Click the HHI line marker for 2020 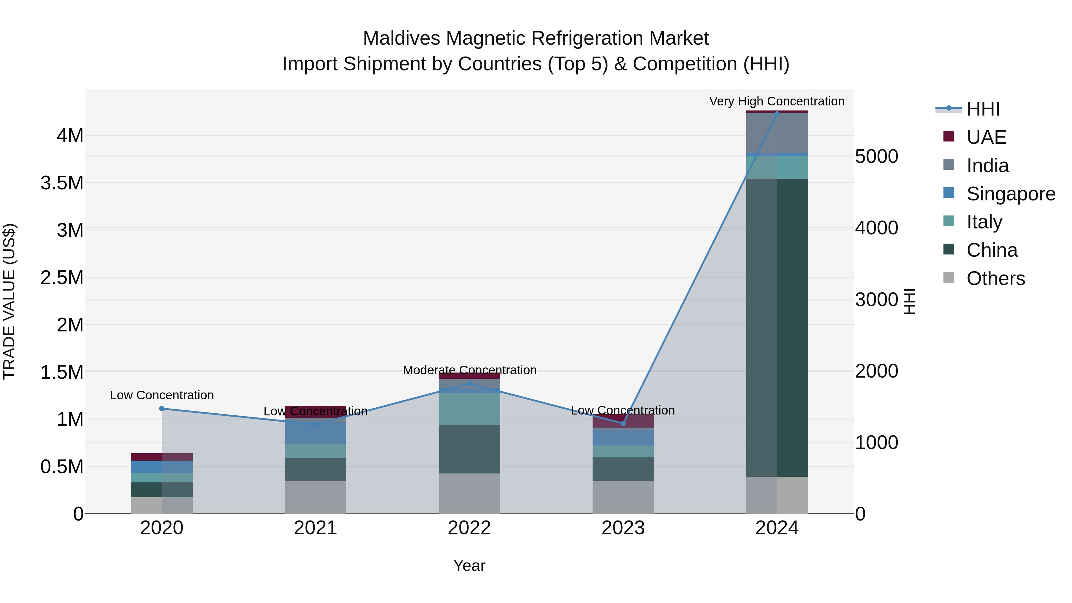pyautogui.click(x=162, y=409)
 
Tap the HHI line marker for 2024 pyautogui.click(x=777, y=114)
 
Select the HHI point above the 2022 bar pyautogui.click(x=469, y=383)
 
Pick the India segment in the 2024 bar pyautogui.click(x=777, y=133)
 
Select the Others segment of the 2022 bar pyautogui.click(x=469, y=493)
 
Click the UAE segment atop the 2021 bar pyautogui.click(x=315, y=411)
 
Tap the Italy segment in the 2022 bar pyautogui.click(x=469, y=409)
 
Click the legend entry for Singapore pyautogui.click(x=1010, y=194)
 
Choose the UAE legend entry pyautogui.click(x=986, y=137)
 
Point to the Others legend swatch pyautogui.click(x=949, y=277)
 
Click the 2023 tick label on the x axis pyautogui.click(x=623, y=528)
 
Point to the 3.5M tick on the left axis pyautogui.click(x=62, y=183)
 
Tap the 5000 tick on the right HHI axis pyautogui.click(x=876, y=156)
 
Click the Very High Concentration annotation pyautogui.click(x=777, y=101)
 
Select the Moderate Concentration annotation pyautogui.click(x=469, y=370)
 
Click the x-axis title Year pyautogui.click(x=469, y=565)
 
